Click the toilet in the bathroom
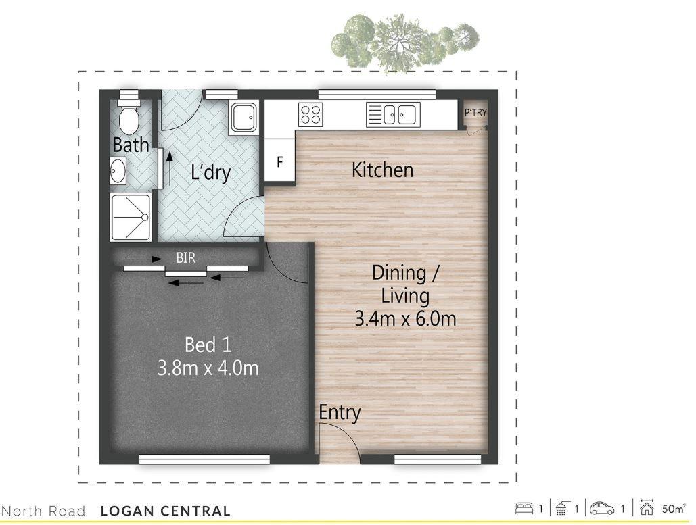pyautogui.click(x=129, y=116)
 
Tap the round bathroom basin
pyautogui.click(x=118, y=171)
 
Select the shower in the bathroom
pyautogui.click(x=132, y=217)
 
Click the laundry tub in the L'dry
pyautogui.click(x=243, y=118)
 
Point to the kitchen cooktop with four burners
pyautogui.click(x=311, y=114)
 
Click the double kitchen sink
pyautogui.click(x=393, y=114)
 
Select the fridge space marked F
pyautogui.click(x=279, y=162)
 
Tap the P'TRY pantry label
pyautogui.click(x=475, y=113)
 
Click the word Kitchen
pyautogui.click(x=382, y=170)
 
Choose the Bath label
pyautogui.click(x=131, y=145)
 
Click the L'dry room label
pyautogui.click(x=210, y=172)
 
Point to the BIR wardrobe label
pyautogui.click(x=186, y=258)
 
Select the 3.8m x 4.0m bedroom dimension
pyautogui.click(x=208, y=368)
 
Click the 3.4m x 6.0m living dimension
pyautogui.click(x=405, y=318)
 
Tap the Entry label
pyautogui.click(x=340, y=412)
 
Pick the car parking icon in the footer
pyautogui.click(x=602, y=508)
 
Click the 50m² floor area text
pyautogui.click(x=674, y=508)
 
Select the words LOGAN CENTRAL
pyautogui.click(x=165, y=511)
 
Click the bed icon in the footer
pyautogui.click(x=526, y=508)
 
